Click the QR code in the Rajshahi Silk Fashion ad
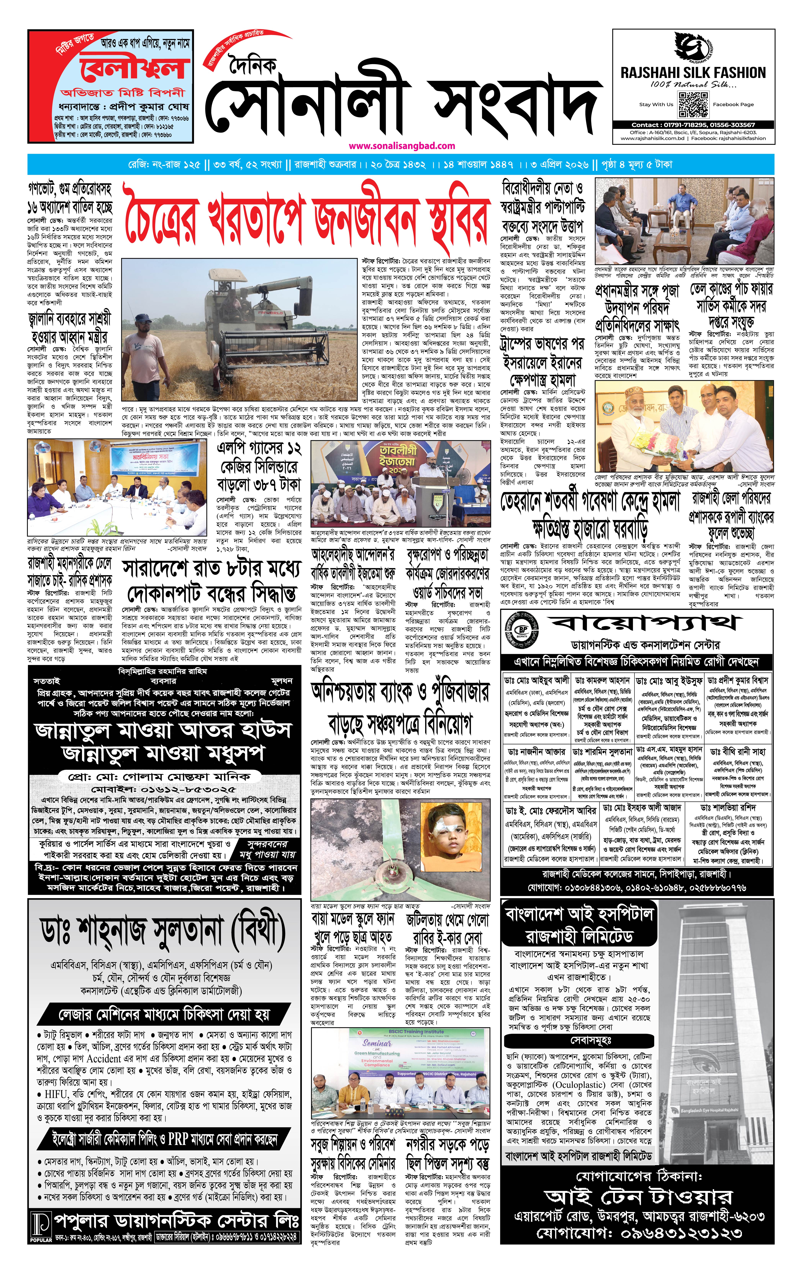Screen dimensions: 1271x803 (x=693, y=105)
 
